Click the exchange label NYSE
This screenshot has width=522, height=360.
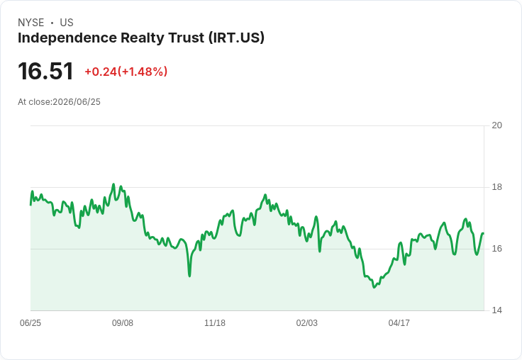point(31,23)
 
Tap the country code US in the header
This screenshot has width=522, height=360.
point(67,23)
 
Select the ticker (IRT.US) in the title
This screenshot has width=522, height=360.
point(237,38)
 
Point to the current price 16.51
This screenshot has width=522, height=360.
point(45,71)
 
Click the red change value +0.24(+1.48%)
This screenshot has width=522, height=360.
point(126,72)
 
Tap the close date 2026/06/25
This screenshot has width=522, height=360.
point(77,102)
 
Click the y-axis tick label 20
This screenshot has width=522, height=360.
point(497,125)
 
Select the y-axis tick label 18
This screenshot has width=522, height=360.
point(497,187)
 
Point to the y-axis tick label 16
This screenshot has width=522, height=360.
point(497,249)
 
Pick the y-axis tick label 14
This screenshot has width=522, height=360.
point(497,310)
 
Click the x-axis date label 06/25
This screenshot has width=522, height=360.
point(30,322)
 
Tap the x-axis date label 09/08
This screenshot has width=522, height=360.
point(123,322)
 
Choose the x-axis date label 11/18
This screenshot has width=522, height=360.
point(215,322)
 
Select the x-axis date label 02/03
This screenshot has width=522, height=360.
point(307,322)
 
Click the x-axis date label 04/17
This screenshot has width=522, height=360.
point(399,322)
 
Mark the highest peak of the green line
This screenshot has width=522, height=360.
point(113,184)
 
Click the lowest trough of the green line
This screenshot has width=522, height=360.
point(374,287)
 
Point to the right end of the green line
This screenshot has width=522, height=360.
point(483,234)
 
